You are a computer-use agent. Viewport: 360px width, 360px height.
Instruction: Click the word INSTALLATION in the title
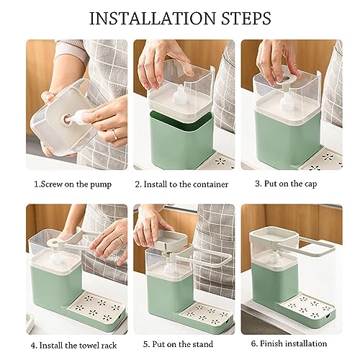153,19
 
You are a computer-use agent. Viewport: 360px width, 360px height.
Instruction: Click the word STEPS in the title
246,19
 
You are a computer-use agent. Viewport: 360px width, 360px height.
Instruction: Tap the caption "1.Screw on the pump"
73,184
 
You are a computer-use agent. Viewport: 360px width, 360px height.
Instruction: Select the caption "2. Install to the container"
181,184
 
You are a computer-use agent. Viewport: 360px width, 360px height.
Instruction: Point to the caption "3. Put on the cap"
286,184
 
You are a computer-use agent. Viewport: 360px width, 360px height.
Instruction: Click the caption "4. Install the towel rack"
73,346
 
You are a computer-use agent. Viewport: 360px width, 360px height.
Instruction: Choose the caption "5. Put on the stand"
178,344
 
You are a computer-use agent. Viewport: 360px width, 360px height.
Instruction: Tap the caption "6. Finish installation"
289,343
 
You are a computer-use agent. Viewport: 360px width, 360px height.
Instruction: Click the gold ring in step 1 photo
115,135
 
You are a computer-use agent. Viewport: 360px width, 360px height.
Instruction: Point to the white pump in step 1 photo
77,117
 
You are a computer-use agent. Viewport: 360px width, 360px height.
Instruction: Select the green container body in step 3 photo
287,138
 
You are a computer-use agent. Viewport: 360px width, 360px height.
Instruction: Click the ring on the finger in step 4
121,240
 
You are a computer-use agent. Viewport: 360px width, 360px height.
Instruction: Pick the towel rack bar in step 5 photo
206,258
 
